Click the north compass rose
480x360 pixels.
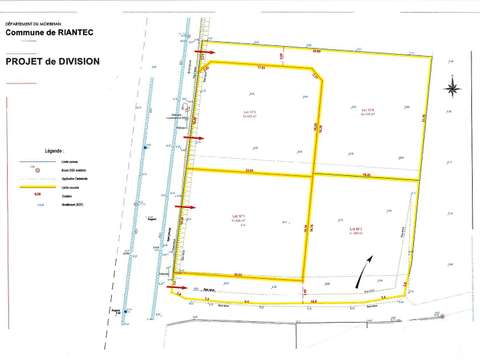(453, 89)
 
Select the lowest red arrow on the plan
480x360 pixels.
(177, 289)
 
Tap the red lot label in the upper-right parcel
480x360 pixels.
(367, 111)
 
